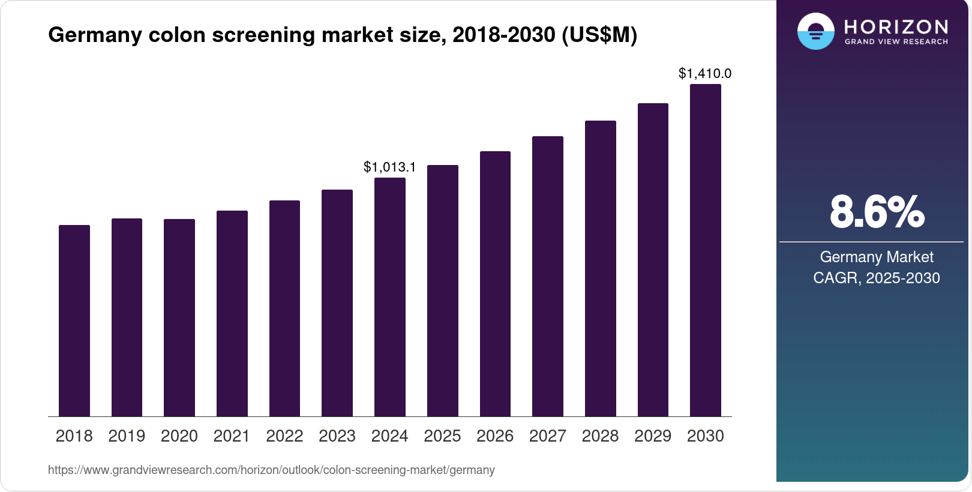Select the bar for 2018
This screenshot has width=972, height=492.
(x=74, y=320)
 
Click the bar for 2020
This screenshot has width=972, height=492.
(x=179, y=317)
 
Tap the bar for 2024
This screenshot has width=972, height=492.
(x=390, y=297)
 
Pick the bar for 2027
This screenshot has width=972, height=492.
(x=548, y=276)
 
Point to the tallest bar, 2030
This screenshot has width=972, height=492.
(x=706, y=250)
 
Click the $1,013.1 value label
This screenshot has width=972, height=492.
(x=389, y=167)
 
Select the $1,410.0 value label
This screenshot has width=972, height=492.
(x=705, y=73)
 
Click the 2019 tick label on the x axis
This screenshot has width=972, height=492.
(x=127, y=436)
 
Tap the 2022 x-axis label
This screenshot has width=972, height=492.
(x=284, y=436)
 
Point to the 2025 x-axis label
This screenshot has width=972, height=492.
(x=442, y=436)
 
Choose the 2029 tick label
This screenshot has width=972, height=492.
(x=653, y=436)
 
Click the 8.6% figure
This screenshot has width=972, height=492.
(x=877, y=212)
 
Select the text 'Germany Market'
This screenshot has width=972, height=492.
(x=877, y=257)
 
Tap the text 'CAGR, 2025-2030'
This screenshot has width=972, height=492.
(x=877, y=278)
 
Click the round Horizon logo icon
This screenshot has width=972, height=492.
(x=815, y=31)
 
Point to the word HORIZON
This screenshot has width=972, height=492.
(x=896, y=26)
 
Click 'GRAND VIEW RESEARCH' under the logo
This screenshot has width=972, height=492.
(x=896, y=41)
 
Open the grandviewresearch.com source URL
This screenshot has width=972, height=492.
(x=271, y=470)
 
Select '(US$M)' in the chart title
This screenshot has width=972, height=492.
(x=599, y=35)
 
